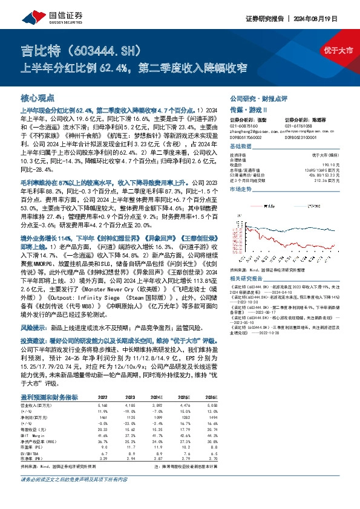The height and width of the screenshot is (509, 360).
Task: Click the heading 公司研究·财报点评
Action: click(x=261, y=97)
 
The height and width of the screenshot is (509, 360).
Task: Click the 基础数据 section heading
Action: click(x=241, y=147)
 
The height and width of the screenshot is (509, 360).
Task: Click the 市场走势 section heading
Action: click(x=241, y=189)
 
